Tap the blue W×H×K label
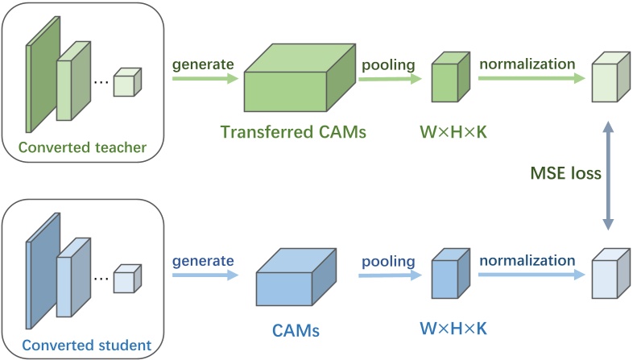tap(453, 329)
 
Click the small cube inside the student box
tap(126, 279)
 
